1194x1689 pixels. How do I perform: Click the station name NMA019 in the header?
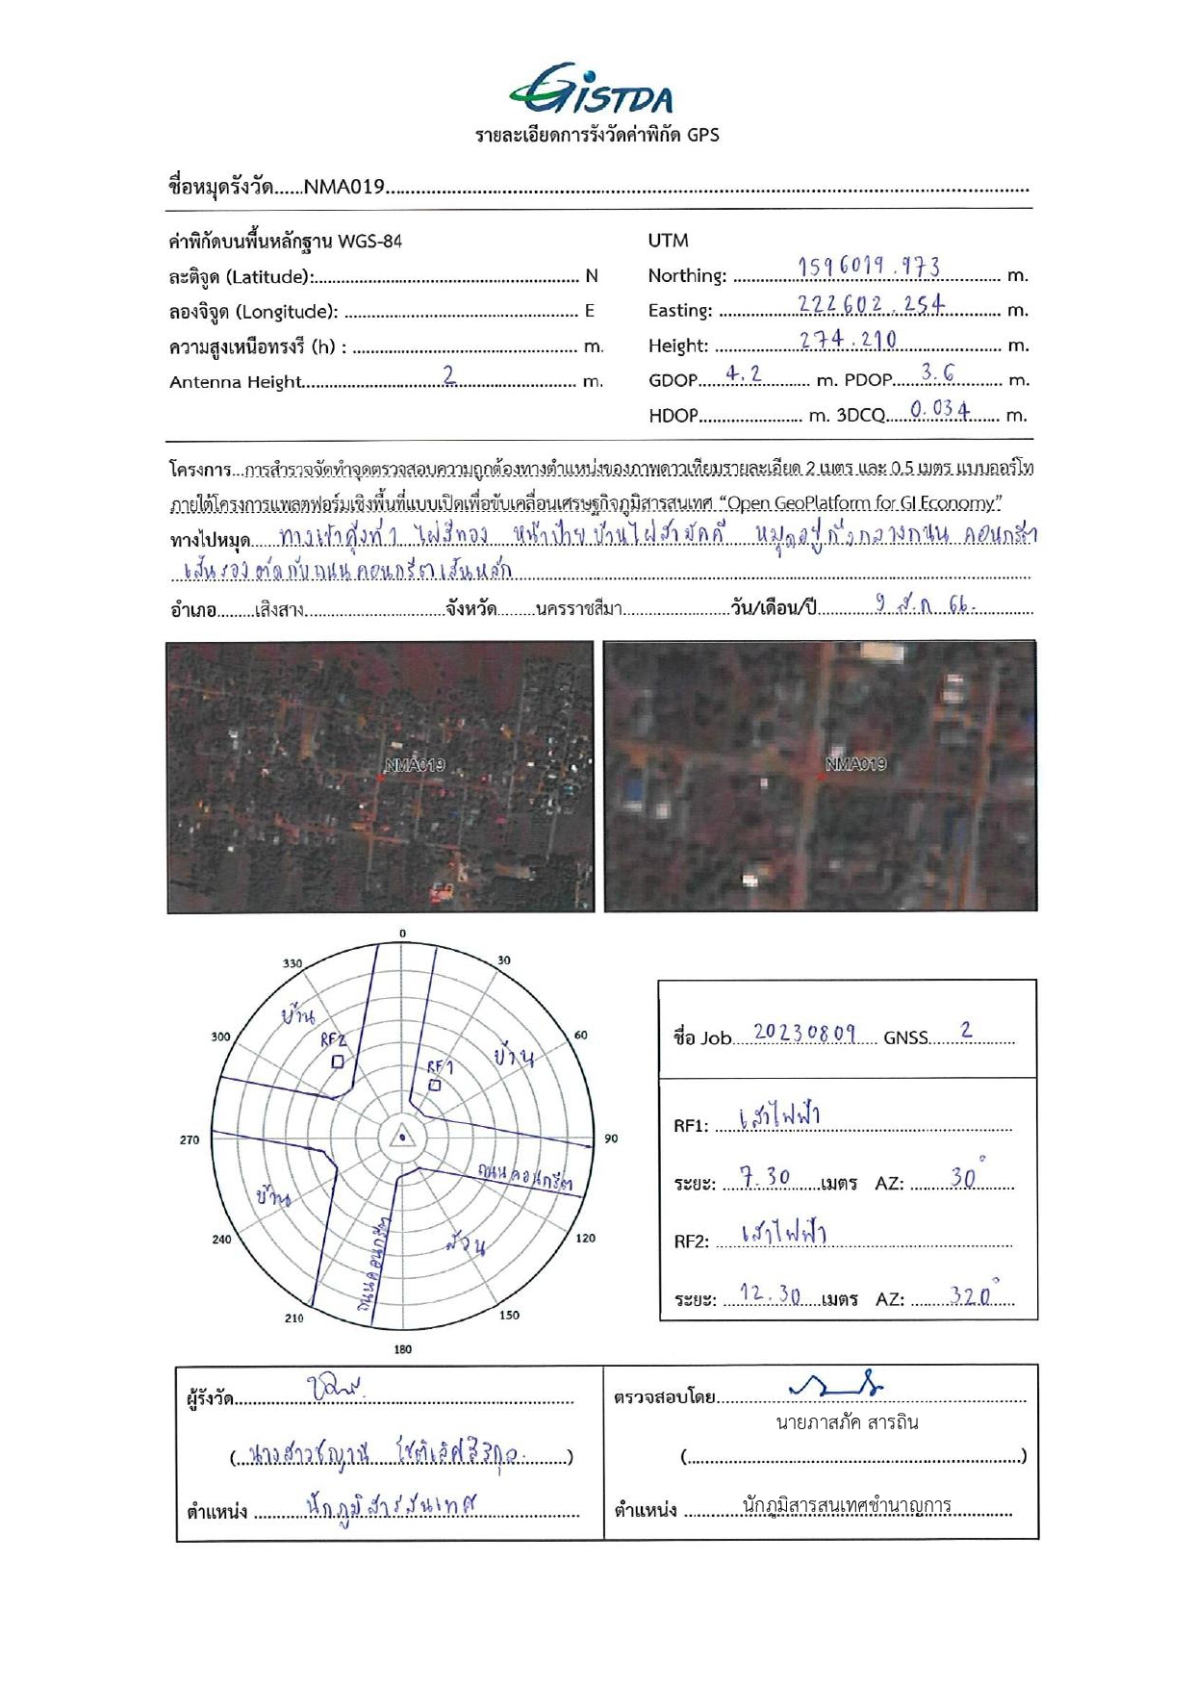tap(343, 187)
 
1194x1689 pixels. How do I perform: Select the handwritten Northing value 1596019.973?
tap(869, 267)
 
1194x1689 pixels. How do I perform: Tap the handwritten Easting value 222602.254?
tap(871, 303)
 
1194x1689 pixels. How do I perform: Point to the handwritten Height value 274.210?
tap(848, 339)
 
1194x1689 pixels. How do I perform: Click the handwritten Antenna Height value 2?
tap(449, 374)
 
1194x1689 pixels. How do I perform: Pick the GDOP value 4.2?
tap(744, 373)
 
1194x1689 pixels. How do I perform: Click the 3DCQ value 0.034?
tap(939, 409)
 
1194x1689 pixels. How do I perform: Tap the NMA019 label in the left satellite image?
tap(415, 766)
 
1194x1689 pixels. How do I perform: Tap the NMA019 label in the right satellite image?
tap(855, 764)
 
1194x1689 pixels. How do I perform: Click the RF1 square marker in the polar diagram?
tap(435, 1085)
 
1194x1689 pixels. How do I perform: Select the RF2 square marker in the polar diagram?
tap(337, 1062)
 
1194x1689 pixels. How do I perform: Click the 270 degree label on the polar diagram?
tap(190, 1139)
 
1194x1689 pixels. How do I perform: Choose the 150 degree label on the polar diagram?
tap(509, 1315)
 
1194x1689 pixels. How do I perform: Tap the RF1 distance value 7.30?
tap(765, 1177)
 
